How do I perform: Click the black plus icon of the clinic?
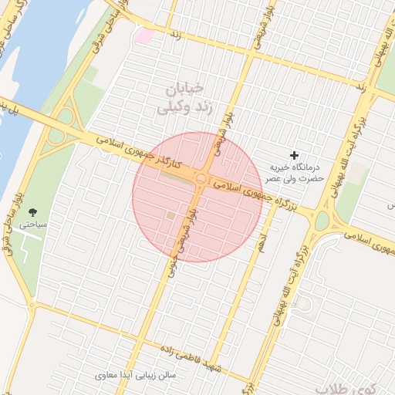click(293, 155)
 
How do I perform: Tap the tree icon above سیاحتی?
click(32, 211)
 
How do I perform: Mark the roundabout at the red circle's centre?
click(201, 179)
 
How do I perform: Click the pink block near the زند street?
click(144, 34)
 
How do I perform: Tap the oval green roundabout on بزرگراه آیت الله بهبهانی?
click(321, 221)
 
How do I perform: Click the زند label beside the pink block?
click(176, 35)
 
